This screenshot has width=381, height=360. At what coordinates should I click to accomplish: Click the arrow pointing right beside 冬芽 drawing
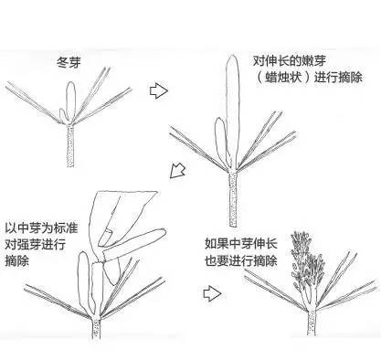pos(160,90)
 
